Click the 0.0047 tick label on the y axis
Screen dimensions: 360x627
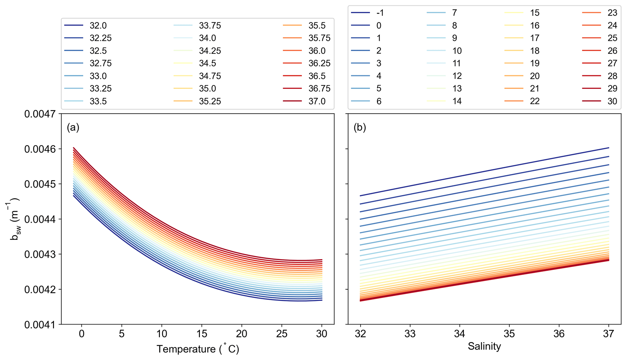point(40,114)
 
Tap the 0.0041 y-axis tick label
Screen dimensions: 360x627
point(40,325)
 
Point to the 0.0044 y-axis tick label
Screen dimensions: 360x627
point(40,219)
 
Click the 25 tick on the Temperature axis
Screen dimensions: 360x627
point(282,334)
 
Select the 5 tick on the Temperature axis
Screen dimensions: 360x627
point(122,334)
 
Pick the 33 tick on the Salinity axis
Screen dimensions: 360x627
point(410,334)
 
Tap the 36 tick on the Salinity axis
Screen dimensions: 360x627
point(559,334)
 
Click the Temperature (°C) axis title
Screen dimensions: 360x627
point(198,349)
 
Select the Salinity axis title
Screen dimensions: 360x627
point(484,346)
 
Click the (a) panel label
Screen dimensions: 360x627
point(73,127)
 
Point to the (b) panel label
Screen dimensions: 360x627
point(360,127)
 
